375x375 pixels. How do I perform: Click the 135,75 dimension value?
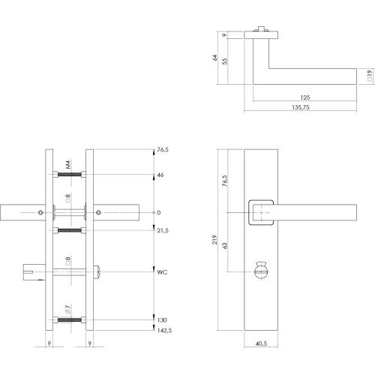(x=302, y=107)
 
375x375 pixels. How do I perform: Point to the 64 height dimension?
(x=214, y=58)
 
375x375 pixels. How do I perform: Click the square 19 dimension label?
(x=368, y=74)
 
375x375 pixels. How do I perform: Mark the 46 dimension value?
(x=159, y=175)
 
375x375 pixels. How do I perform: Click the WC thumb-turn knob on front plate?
(x=262, y=268)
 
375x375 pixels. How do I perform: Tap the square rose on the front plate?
(x=260, y=211)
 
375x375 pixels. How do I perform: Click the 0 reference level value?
(x=157, y=213)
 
